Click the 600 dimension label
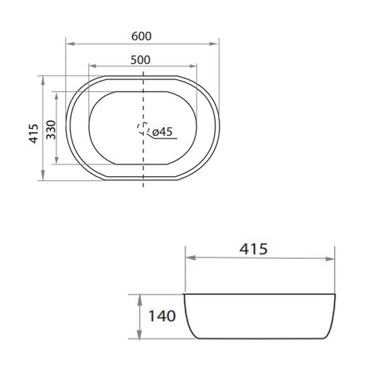[x=141, y=36]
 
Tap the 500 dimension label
[x=141, y=60]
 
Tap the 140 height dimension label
[x=162, y=316]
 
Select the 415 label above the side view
[x=253, y=249]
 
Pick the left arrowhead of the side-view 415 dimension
[x=188, y=258]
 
